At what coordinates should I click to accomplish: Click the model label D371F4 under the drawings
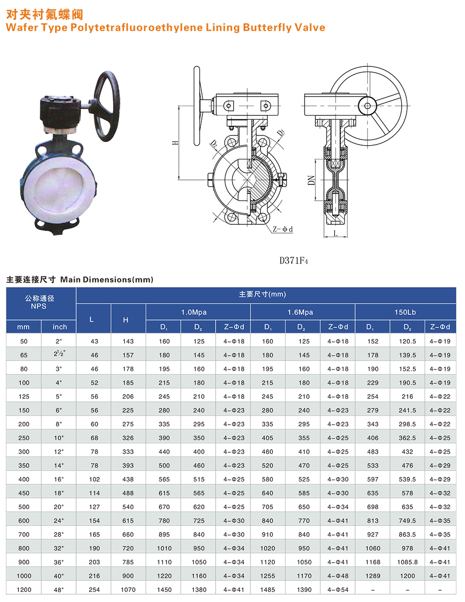(x=294, y=261)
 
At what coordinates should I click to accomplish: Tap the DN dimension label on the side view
(x=311, y=180)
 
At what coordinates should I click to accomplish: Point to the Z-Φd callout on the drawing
(x=283, y=229)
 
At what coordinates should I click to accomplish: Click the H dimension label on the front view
(x=175, y=143)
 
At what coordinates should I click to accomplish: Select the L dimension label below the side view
(x=335, y=233)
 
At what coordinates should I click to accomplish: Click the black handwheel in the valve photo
(x=107, y=106)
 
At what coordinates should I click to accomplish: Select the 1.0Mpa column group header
(x=194, y=313)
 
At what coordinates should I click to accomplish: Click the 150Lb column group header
(x=405, y=313)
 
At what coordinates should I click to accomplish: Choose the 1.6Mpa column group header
(x=300, y=313)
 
